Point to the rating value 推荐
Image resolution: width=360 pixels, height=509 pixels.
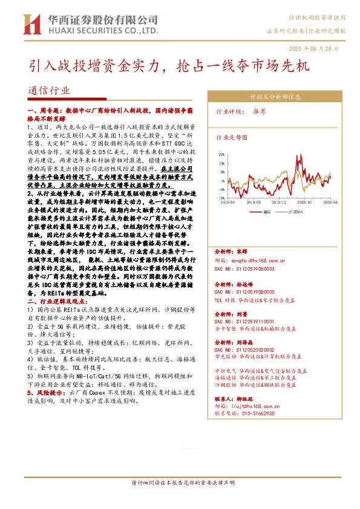(x=259, y=112)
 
